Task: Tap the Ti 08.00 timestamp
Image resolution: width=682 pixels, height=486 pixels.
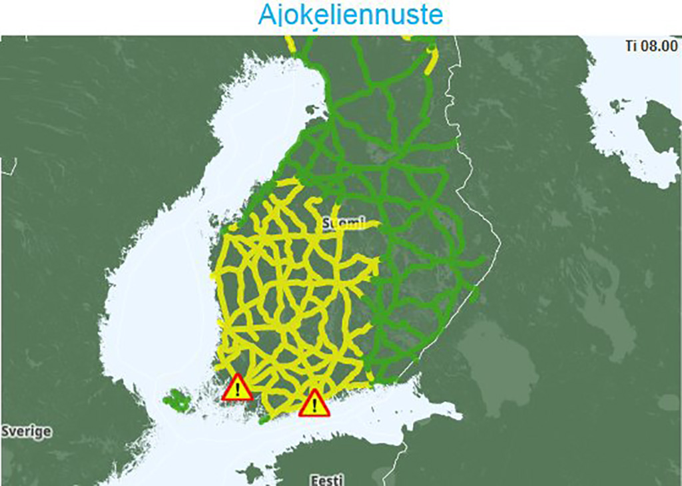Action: click(651, 47)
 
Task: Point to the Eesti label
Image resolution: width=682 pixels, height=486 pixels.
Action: click(326, 479)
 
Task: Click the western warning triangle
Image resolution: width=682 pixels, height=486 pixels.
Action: click(238, 388)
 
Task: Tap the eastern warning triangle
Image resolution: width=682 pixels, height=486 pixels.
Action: click(314, 403)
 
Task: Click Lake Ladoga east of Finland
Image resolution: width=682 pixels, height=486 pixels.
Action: click(493, 353)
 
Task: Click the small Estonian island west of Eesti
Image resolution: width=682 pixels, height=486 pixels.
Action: click(251, 473)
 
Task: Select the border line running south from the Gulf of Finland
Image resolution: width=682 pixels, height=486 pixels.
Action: click(398, 459)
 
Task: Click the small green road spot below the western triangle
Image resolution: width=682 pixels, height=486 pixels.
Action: click(263, 419)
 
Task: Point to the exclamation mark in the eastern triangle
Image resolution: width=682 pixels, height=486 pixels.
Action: click(314, 405)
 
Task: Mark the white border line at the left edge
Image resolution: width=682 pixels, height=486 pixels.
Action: click(8, 166)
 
